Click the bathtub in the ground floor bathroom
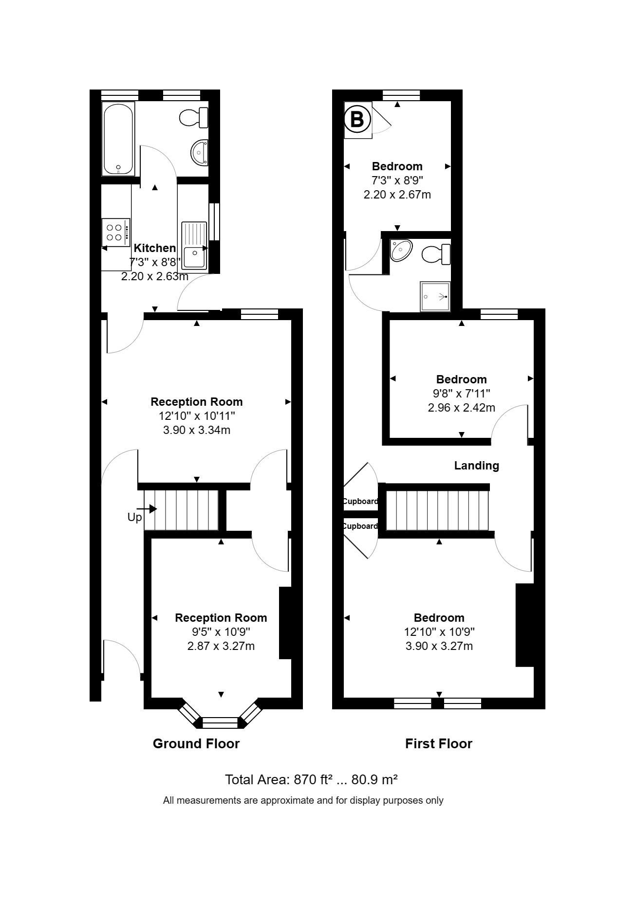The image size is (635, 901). tap(118, 139)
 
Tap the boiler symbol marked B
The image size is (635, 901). tap(357, 119)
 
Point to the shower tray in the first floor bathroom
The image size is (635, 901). tap(435, 296)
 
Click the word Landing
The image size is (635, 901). tap(476, 466)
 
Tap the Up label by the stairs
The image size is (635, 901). tap(134, 517)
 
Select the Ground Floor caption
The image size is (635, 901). tap(196, 743)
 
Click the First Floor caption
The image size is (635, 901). tap(438, 743)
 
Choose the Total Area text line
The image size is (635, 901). tap(311, 779)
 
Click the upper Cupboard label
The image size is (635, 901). tap(360, 501)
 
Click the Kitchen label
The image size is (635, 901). tap(154, 248)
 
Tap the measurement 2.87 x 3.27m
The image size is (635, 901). tap(221, 646)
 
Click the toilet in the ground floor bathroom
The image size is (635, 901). tap(194, 117)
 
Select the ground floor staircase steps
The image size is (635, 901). tap(181, 510)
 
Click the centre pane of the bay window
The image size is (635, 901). tap(220, 722)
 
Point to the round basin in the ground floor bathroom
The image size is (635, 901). tap(199, 152)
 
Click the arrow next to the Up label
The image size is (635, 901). tap(150, 509)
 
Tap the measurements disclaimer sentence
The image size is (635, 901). tap(303, 800)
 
